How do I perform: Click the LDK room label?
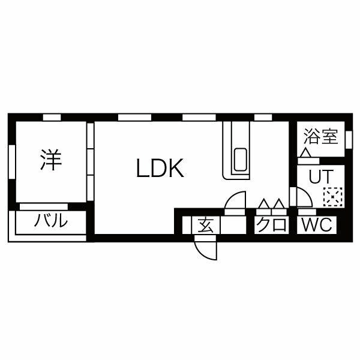click(159, 170)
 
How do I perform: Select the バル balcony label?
click(50, 221)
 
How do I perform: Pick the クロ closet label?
click(270, 226)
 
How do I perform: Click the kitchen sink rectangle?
click(239, 159)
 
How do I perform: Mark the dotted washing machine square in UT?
click(332, 196)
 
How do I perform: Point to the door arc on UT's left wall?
click(298, 197)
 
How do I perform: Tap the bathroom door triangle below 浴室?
click(306, 155)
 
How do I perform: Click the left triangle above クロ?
click(263, 205)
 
